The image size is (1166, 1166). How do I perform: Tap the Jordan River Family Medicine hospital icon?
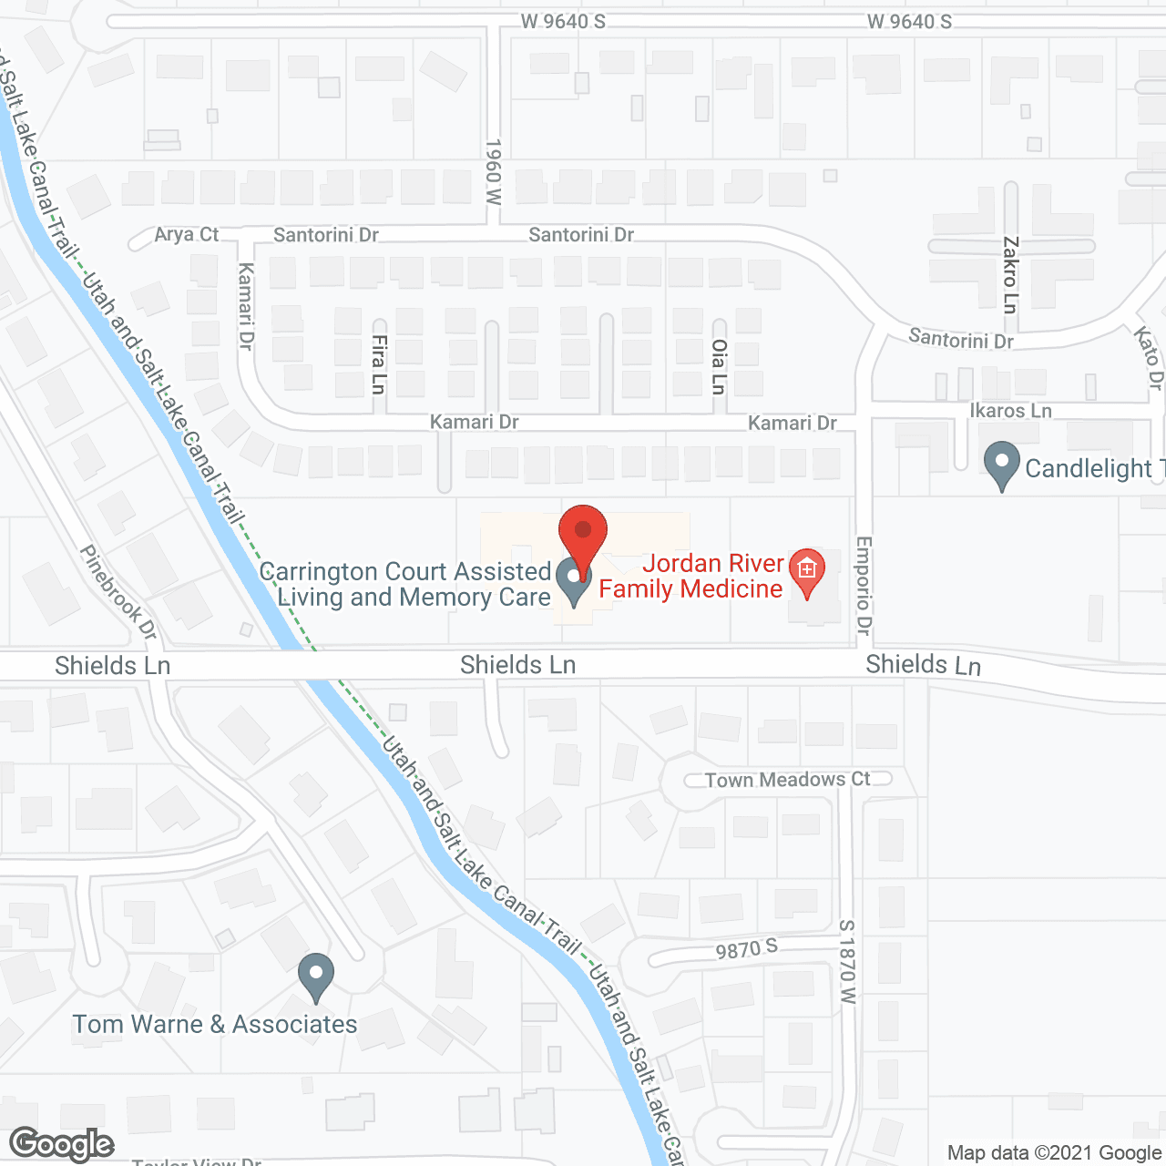[x=806, y=571]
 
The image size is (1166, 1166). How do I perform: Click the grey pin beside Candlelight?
[x=1002, y=465]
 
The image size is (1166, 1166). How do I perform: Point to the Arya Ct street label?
[x=186, y=234]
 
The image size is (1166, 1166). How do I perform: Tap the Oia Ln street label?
[x=719, y=366]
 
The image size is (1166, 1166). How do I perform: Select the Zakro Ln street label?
[x=1010, y=275]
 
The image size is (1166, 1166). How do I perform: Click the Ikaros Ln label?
[x=1010, y=411]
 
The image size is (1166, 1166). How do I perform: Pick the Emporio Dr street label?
[x=864, y=586]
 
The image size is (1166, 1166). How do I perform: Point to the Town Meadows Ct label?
[x=788, y=780]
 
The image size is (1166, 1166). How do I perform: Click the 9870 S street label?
[x=747, y=950]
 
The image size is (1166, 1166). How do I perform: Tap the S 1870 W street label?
[x=847, y=962]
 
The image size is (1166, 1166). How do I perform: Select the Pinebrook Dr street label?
[x=118, y=592]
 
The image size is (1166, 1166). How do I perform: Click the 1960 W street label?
[x=493, y=171]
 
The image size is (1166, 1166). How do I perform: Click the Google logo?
[x=62, y=1144]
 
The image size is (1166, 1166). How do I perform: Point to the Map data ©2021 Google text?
[x=1054, y=1153]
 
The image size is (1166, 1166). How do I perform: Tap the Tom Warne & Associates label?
[x=215, y=1025]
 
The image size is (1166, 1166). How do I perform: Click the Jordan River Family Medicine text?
[x=691, y=577]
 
